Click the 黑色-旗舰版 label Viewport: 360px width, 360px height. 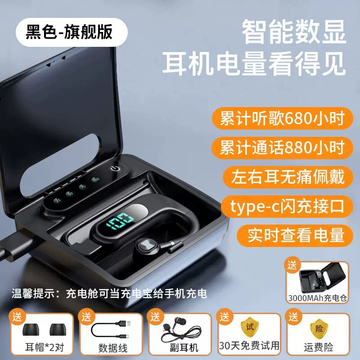(72, 32)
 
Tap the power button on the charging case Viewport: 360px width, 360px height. (116, 169)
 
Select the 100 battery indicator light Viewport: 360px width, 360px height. (96, 179)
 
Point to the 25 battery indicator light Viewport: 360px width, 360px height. (58, 200)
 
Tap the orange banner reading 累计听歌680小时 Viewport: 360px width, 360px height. (282, 118)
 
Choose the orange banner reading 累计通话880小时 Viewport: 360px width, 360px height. (282, 148)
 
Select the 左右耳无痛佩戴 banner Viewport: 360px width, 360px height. (288, 177)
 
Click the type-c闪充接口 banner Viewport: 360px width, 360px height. (287, 206)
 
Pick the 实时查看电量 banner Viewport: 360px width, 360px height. (295, 235)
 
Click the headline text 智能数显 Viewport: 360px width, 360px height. (294, 31)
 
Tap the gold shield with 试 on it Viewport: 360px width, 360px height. (250, 327)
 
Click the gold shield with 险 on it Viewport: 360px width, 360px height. (319, 328)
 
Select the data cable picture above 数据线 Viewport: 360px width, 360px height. (111, 330)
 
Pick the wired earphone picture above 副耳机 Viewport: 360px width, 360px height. (181, 329)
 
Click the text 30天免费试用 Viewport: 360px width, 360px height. (249, 346)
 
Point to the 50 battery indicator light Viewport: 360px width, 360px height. (71, 193)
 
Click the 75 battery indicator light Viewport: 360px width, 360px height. (83, 186)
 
